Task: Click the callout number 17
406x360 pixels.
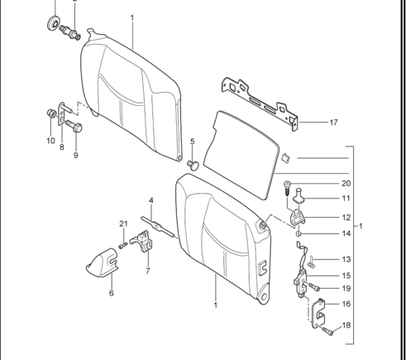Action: click(333, 122)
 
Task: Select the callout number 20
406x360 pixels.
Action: click(346, 184)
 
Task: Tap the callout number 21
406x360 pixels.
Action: click(123, 223)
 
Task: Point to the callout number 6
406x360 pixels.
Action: click(111, 293)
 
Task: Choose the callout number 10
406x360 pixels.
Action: click(50, 141)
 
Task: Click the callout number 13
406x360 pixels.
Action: click(346, 259)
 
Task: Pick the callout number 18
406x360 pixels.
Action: click(346, 325)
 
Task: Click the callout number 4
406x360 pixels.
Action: click(151, 200)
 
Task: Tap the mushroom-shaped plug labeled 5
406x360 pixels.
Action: click(193, 165)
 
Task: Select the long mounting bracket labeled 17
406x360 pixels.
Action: click(259, 104)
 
